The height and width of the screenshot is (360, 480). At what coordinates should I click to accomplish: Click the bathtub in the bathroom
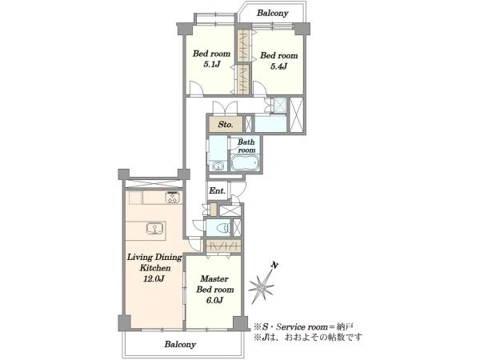245,162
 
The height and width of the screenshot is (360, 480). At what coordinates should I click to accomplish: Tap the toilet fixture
223,228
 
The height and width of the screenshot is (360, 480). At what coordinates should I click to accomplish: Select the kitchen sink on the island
155,229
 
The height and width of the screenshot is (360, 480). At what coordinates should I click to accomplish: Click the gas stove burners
173,198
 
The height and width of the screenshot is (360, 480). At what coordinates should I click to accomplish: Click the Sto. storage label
226,124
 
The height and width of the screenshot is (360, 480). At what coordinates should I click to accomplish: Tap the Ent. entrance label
218,190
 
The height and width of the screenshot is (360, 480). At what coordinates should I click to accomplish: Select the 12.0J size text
154,279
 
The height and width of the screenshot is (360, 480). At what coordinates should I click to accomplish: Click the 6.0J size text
214,300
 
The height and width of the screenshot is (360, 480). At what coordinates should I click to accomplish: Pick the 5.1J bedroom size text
212,64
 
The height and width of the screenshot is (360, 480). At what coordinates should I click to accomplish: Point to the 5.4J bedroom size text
278,66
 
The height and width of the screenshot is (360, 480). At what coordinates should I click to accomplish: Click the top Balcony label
273,13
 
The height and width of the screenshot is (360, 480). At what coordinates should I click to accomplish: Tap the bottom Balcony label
180,344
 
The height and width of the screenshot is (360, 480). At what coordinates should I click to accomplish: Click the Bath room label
246,146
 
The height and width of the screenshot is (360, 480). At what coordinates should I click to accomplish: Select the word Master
214,279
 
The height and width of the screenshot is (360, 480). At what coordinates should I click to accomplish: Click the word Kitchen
155,268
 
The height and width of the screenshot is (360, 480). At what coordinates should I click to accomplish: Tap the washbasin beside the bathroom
218,166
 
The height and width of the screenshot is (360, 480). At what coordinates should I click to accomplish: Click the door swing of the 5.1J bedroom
196,88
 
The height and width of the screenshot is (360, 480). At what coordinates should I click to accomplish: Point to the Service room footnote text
304,326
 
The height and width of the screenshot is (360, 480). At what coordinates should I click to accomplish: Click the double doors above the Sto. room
225,107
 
